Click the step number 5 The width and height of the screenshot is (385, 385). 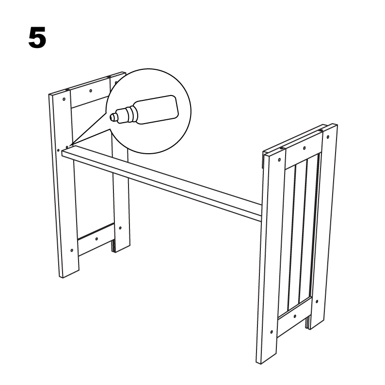[37, 37]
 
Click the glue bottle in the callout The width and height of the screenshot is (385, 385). [144, 110]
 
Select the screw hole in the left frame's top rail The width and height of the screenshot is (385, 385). [91, 91]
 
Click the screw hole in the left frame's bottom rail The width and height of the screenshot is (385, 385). [96, 239]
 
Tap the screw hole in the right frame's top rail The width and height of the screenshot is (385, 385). [305, 148]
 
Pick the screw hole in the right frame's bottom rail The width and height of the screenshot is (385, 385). [295, 316]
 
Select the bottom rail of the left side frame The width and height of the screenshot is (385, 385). [96, 239]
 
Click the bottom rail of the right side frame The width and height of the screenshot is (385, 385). [294, 317]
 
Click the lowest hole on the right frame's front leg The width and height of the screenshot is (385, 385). [272, 332]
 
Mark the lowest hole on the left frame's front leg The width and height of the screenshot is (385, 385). [72, 251]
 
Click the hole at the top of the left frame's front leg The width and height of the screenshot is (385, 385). [64, 99]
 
